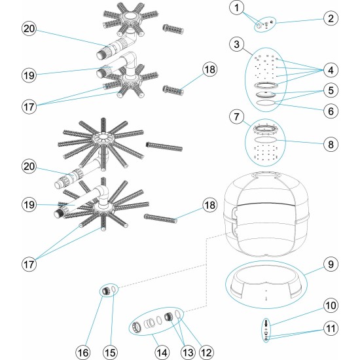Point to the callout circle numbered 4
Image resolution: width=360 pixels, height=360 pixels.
click(331, 69)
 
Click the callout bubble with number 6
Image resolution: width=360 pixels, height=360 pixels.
click(331, 111)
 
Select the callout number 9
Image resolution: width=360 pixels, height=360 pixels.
click(331, 265)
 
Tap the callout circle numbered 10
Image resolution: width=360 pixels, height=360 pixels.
click(331, 306)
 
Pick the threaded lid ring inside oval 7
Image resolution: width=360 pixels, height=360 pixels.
click(266, 128)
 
